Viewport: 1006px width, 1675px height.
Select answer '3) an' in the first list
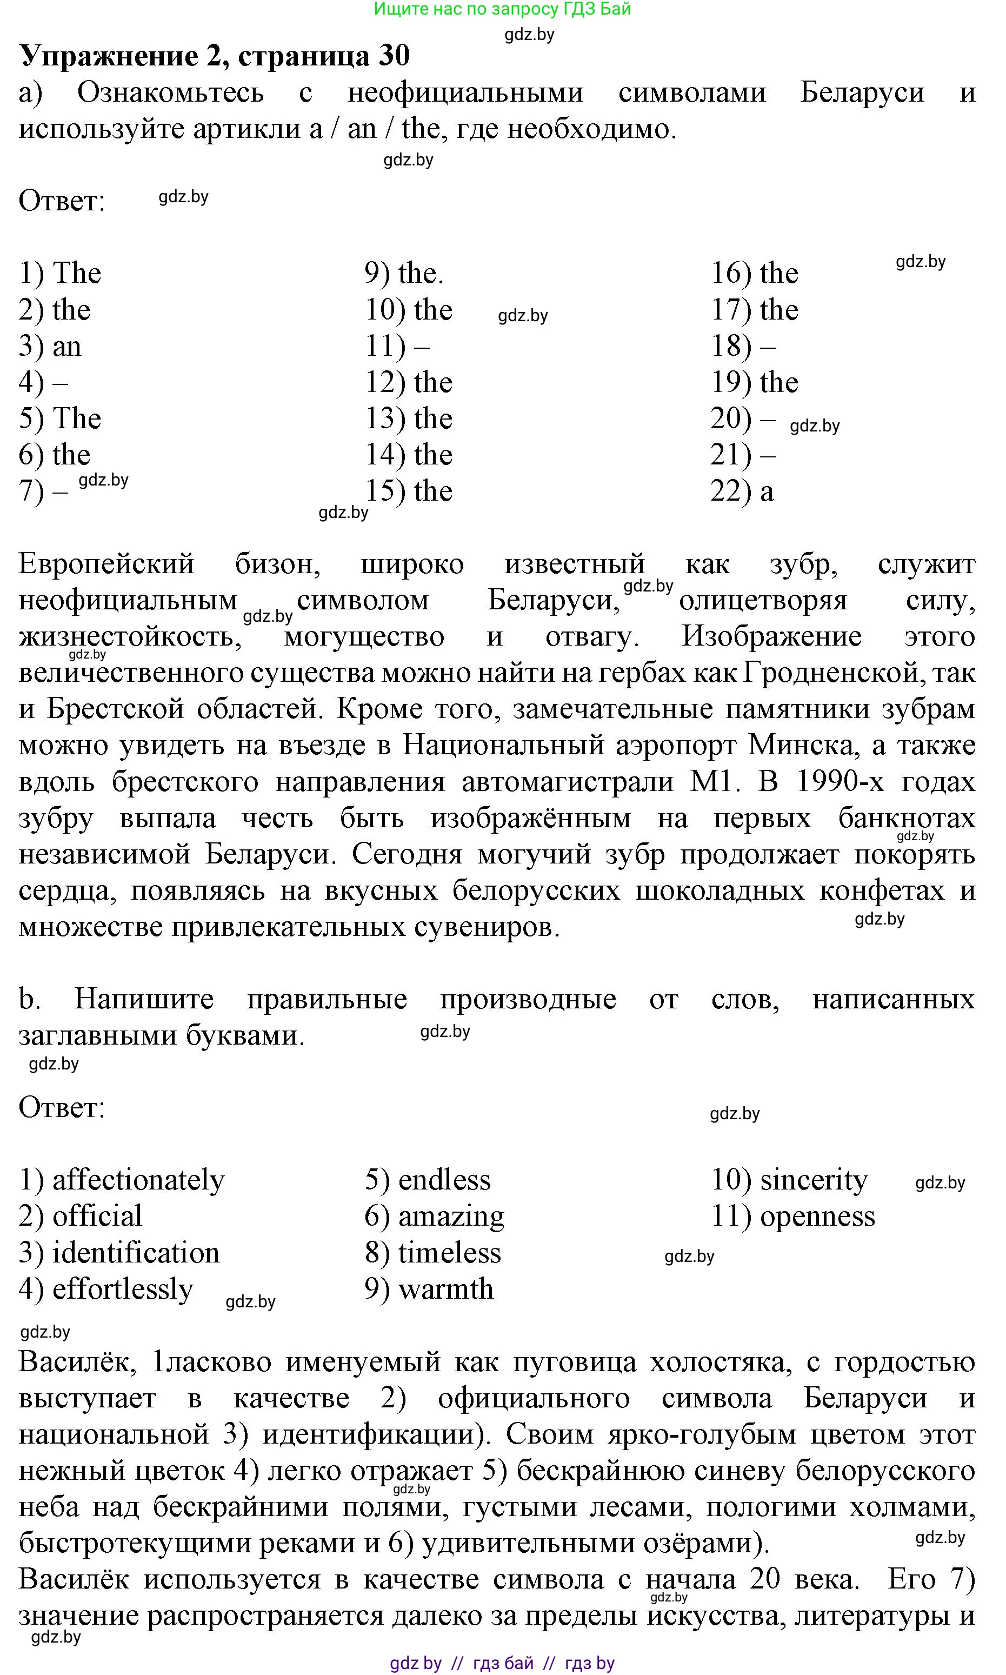[x=50, y=347]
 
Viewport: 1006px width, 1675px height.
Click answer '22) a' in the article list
[x=742, y=491]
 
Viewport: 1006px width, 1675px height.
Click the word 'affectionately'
[x=138, y=1180]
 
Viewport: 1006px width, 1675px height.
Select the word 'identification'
[x=136, y=1253]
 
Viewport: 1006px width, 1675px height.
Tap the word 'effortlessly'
[x=123, y=1290]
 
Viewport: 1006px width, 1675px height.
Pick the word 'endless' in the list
[x=444, y=1180]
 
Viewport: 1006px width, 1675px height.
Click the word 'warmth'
[x=445, y=1290]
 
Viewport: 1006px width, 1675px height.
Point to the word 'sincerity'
[x=814, y=1180]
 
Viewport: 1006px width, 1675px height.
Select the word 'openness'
[x=817, y=1217]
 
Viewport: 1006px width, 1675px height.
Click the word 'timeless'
[x=449, y=1253]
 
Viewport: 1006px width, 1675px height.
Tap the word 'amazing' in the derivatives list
[x=451, y=1217]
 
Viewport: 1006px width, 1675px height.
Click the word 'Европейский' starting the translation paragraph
[x=106, y=564]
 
